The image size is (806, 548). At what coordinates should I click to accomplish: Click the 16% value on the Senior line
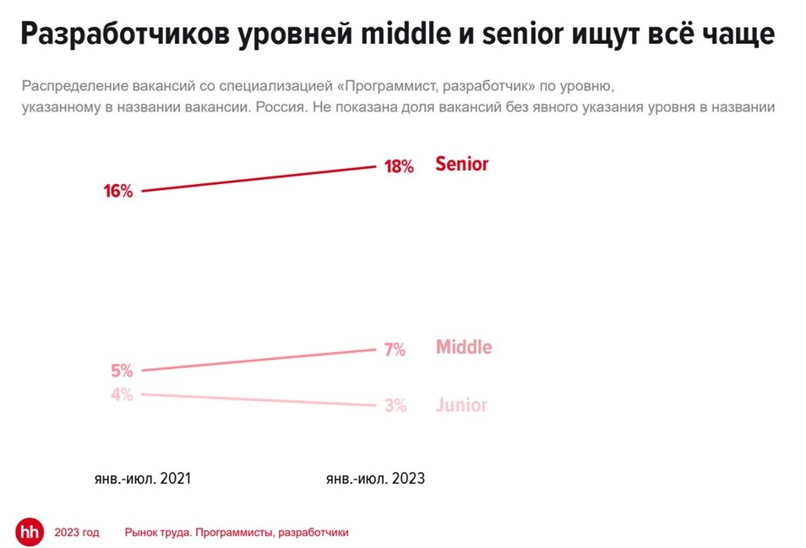[x=118, y=192]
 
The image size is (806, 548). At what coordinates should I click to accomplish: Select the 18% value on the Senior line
[x=399, y=166]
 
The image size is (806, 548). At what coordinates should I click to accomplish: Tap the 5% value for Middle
[x=122, y=371]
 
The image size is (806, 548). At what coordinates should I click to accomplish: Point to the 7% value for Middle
[x=395, y=350]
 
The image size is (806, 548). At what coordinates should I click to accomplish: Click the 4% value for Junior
[x=122, y=394]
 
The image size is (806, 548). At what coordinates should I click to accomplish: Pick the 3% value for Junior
[x=395, y=406]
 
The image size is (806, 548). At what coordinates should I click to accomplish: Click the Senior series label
[x=462, y=164]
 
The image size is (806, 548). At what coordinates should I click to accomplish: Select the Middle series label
[x=464, y=347]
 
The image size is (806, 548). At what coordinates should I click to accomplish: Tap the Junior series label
[x=462, y=405]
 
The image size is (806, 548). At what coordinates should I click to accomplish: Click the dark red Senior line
[x=258, y=178]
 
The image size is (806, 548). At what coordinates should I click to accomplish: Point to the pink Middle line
[x=258, y=360]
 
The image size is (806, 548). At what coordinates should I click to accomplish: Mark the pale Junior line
[x=258, y=399]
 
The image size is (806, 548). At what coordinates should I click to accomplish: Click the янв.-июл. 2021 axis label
[x=142, y=479]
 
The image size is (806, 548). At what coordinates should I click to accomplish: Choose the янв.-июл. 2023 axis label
[x=375, y=479]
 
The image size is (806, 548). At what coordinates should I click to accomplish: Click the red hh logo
[x=30, y=532]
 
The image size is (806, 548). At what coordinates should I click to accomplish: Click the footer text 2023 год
[x=77, y=533]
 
